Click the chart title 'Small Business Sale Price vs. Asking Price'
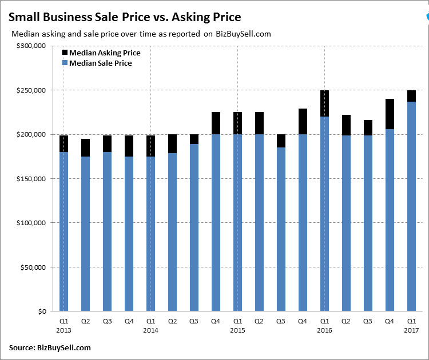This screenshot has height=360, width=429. [124, 17]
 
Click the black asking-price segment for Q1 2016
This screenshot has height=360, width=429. [324, 103]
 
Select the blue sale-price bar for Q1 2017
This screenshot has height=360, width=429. [411, 206]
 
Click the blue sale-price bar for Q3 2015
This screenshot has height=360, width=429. [281, 229]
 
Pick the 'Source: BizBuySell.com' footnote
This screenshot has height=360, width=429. [50, 347]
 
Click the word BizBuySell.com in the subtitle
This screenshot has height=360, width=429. [244, 34]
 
